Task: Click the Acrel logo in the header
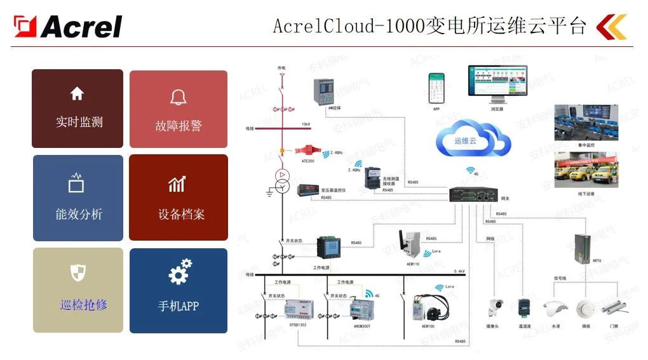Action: tap(68, 26)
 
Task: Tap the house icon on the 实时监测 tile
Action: tap(77, 94)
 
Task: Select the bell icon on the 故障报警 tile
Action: tap(179, 97)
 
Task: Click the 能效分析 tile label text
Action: tap(78, 214)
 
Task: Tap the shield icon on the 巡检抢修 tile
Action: tap(78, 273)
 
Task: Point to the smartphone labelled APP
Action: tap(436, 88)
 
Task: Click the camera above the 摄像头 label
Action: tap(494, 307)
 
